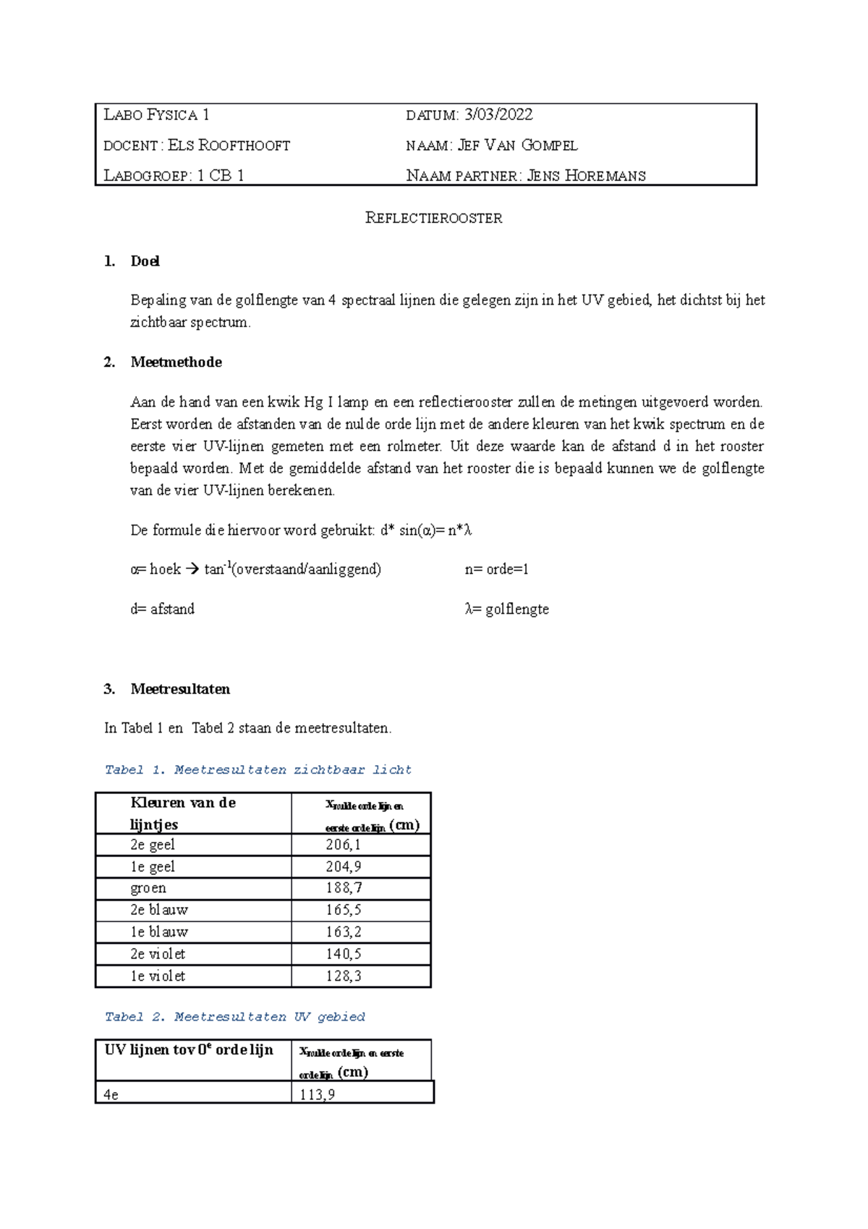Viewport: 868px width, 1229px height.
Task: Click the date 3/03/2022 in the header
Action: click(498, 114)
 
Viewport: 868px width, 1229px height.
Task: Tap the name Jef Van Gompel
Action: click(518, 145)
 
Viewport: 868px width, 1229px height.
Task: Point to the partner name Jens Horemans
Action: click(586, 176)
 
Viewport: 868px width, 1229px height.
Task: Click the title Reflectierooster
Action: click(433, 218)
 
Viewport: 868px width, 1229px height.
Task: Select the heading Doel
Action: click(145, 261)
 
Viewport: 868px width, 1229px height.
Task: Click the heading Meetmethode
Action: click(176, 362)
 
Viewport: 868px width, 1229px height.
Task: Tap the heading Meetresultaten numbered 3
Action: click(180, 689)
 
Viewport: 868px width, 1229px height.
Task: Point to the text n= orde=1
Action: click(496, 570)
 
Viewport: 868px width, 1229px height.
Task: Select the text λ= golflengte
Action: click(506, 609)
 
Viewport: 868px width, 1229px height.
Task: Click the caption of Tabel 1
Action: click(258, 770)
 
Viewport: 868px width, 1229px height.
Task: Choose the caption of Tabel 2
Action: click(234, 1017)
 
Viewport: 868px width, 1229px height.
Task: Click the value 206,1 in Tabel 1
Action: click(343, 845)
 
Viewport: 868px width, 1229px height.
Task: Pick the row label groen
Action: click(148, 888)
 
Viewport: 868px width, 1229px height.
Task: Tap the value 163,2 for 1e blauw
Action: click(343, 932)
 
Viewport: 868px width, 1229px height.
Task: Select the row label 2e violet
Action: click(158, 954)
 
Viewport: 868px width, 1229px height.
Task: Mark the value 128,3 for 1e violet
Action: click(343, 976)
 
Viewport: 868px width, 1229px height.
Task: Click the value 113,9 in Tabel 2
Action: click(318, 1094)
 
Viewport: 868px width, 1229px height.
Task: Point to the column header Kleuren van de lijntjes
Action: click(183, 814)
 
